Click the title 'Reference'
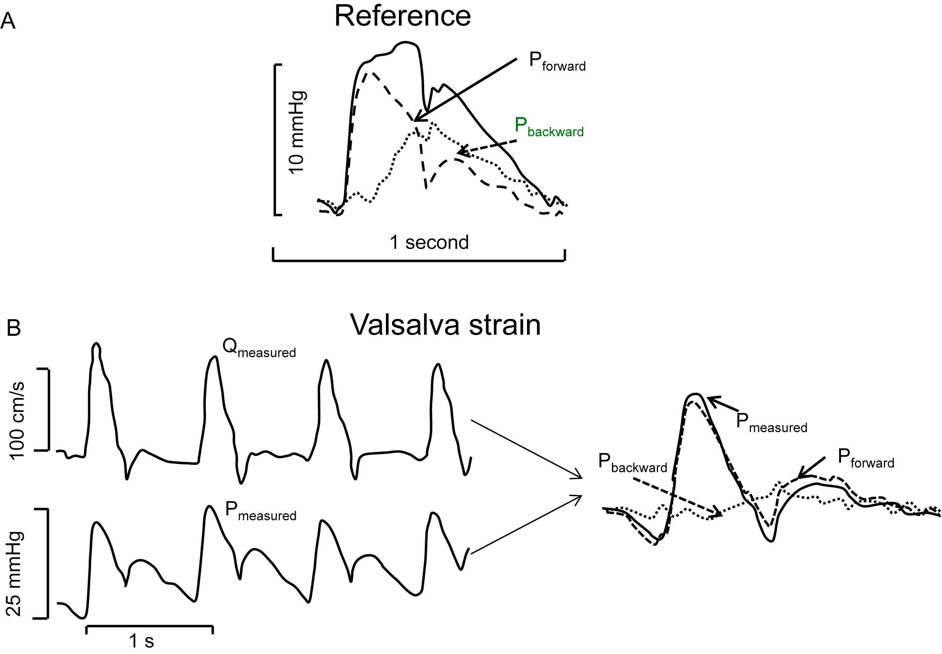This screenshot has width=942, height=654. (x=402, y=16)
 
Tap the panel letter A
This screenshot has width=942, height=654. (x=8, y=21)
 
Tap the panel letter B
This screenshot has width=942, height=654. (x=13, y=328)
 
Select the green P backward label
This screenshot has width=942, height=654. (x=549, y=127)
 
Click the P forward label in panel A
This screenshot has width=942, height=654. (x=557, y=62)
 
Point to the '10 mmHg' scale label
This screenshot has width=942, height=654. (x=297, y=133)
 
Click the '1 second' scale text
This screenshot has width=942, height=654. (x=429, y=242)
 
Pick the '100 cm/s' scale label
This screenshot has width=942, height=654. (x=17, y=420)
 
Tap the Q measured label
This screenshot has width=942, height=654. (x=259, y=348)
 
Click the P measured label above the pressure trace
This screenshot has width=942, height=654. (x=260, y=512)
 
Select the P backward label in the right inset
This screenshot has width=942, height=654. (x=632, y=464)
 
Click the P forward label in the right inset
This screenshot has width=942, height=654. (x=866, y=459)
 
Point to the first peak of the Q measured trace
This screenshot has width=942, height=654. (x=96, y=344)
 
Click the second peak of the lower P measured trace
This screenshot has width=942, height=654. (x=210, y=507)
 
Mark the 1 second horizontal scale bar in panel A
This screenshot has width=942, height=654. (x=419, y=260)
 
